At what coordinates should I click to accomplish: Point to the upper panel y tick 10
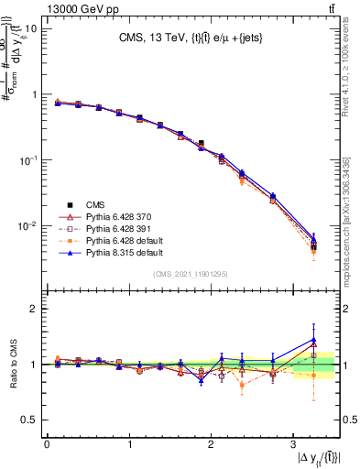click(x=29, y=28)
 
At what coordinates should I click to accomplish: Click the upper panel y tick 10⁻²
click(x=27, y=225)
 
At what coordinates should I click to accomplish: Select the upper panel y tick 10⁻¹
click(x=27, y=159)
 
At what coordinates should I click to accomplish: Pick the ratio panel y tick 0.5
click(x=29, y=420)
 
